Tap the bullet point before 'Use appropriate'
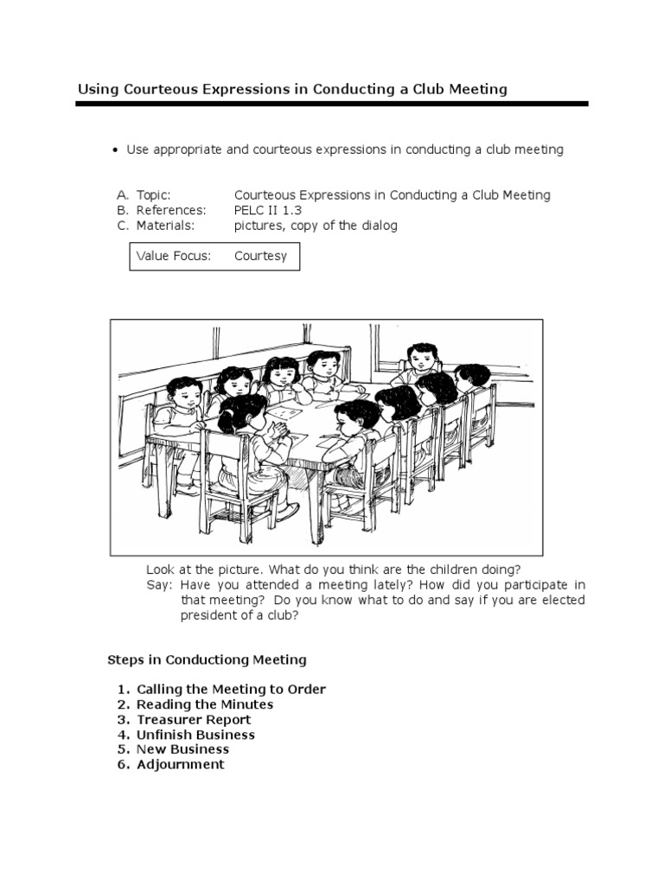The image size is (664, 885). click(114, 150)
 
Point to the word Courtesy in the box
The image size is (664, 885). click(260, 257)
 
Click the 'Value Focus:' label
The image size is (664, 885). click(174, 257)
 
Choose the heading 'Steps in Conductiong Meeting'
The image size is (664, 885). click(207, 659)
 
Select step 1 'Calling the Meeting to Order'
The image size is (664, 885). click(231, 690)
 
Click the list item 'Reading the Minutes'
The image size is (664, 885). click(205, 704)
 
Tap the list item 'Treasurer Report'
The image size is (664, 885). click(194, 720)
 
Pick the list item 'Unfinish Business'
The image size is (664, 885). click(195, 735)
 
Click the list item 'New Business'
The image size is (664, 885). click(182, 749)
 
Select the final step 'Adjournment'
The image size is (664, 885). click(180, 765)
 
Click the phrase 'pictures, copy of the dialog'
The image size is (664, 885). click(316, 226)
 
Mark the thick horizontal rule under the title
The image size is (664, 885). click(332, 104)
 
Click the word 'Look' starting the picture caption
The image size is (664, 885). click(161, 570)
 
